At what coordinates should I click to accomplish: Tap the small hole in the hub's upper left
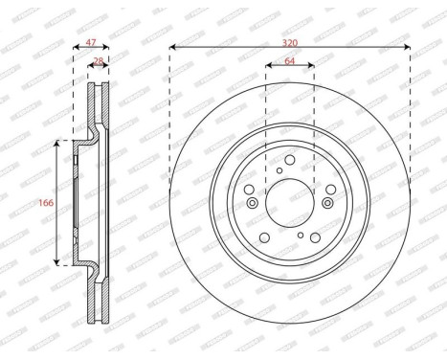tap(278, 170)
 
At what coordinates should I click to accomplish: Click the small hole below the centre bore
tap(301, 236)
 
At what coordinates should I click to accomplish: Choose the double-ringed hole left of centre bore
tap(252, 203)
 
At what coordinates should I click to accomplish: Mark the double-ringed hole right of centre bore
tap(327, 203)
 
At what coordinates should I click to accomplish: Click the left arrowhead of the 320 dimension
tap(172, 46)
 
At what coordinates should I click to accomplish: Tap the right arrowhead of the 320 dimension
tap(408, 46)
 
